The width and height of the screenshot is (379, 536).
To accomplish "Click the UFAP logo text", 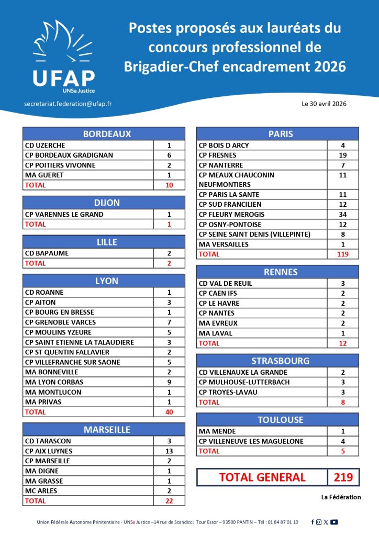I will coord(63,78).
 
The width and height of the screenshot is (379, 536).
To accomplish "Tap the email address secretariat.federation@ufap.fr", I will coord(68,104).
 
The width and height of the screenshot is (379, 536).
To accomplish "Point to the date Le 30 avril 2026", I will coord(324,104).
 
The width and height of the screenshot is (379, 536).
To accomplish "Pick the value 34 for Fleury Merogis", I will coord(343,215).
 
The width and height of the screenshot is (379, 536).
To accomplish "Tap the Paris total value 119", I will coord(343,254).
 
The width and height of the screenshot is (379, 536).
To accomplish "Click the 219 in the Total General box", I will coord(344,477).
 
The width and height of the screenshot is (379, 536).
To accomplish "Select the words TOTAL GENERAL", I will coord(262,477).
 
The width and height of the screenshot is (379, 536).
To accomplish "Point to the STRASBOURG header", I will coord(277,361).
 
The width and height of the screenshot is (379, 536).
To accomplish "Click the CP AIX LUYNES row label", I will coord(49,451).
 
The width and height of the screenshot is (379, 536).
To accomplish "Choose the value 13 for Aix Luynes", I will coord(169,451).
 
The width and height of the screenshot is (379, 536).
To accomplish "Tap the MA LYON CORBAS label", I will coord(54,382).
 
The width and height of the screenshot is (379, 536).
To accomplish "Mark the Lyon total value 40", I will coord(169,412).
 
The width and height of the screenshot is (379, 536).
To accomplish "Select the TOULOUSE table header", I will coord(277,420).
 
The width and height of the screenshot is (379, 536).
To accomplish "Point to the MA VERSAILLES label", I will coord(224,244).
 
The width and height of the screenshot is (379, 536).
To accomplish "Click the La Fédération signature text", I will coord(341,497).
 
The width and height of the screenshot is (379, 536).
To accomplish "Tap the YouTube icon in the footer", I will coord(334,522).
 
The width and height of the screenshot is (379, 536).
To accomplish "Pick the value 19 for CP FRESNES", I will coord(343,155).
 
